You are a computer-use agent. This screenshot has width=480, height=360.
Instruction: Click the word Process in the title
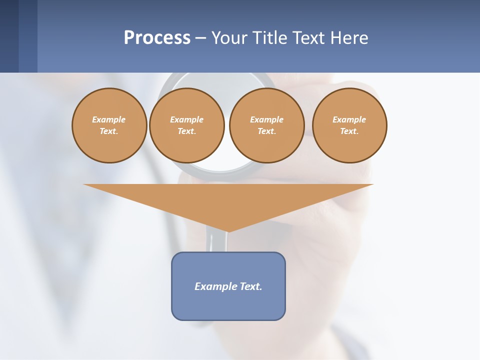pyautogui.click(x=157, y=38)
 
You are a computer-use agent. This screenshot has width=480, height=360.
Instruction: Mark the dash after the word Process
pyautogui.click(x=200, y=39)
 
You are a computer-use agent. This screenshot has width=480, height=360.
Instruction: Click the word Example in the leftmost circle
pyautogui.click(x=109, y=119)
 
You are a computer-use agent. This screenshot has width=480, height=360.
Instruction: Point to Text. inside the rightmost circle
pyautogui.click(x=349, y=131)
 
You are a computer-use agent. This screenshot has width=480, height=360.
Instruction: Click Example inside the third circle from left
pyautogui.click(x=266, y=119)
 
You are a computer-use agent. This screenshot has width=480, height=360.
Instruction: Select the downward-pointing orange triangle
pyautogui.click(x=228, y=200)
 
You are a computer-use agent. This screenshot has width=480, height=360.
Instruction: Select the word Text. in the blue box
pyautogui.click(x=251, y=286)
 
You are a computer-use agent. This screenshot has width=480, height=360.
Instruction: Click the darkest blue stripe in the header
pyautogui.click(x=9, y=36)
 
